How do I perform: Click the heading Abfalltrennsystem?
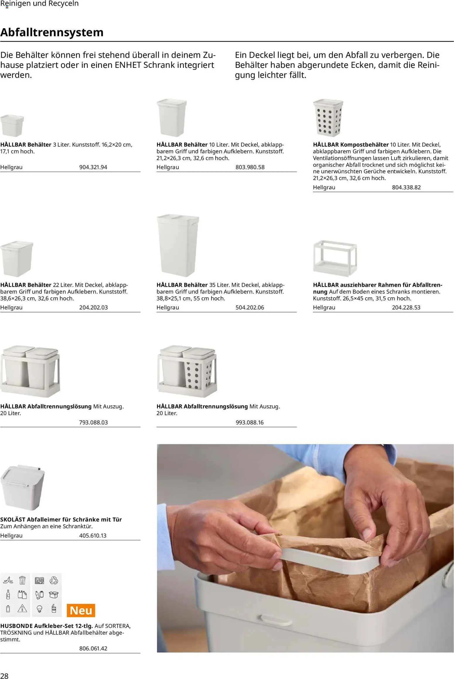52,32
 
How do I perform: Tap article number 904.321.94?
93,167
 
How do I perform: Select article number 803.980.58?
250,167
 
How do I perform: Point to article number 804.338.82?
406,188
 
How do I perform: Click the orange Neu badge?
81,611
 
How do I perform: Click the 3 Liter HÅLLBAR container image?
12,126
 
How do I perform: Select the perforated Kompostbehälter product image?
328,118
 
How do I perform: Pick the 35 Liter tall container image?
177,246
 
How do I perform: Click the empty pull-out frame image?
335,258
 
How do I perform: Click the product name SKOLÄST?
13,520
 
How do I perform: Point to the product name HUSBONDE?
16,626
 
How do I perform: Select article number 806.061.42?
93,649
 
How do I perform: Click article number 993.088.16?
250,422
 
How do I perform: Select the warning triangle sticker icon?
22,608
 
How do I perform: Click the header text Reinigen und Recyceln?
40,4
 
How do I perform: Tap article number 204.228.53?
406,307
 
